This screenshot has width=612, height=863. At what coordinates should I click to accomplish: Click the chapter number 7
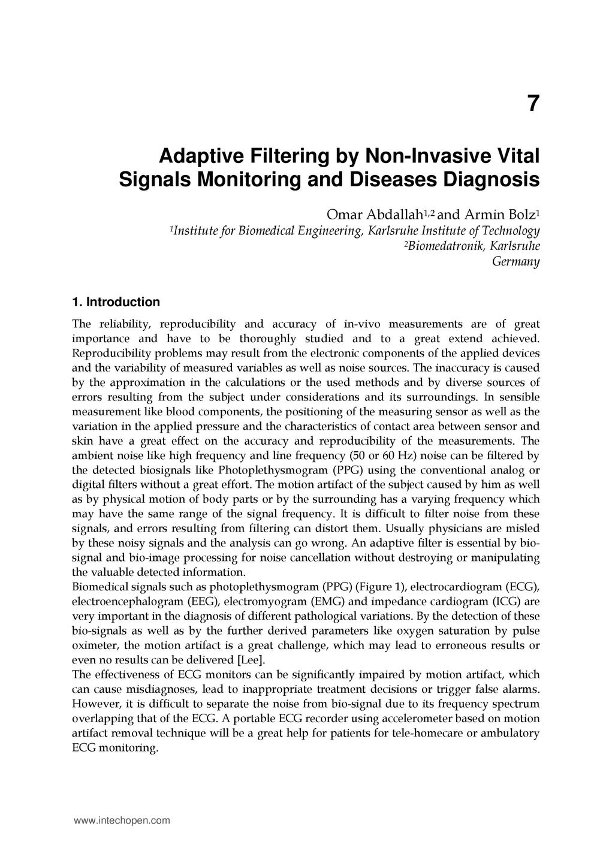click(x=533, y=104)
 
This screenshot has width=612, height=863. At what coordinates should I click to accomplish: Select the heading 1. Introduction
click(x=116, y=301)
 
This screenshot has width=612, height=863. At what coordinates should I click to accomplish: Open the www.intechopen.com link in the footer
click(x=122, y=820)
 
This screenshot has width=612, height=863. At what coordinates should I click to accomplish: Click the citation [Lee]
click(x=249, y=660)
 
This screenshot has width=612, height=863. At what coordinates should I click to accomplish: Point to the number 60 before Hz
click(x=373, y=455)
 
